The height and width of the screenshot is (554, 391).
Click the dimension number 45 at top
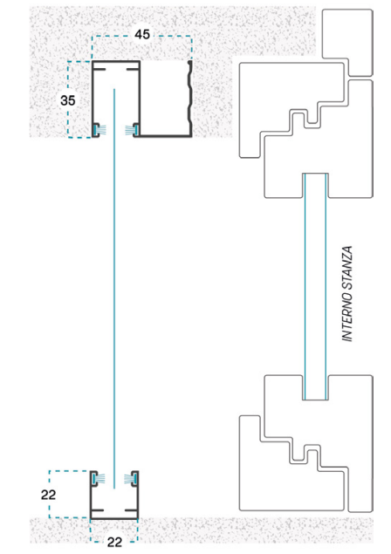(x=142, y=34)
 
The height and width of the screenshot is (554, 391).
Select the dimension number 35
(x=68, y=100)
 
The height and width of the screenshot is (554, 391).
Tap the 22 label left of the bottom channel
(x=48, y=495)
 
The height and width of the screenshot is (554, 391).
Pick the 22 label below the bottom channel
(x=114, y=542)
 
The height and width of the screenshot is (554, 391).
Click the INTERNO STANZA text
(x=347, y=294)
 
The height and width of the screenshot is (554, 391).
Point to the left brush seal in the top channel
(x=99, y=130)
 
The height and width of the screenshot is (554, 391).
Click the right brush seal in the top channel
(x=132, y=130)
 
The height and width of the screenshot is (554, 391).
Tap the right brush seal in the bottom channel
(x=131, y=479)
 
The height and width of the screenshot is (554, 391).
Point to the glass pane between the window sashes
(x=315, y=286)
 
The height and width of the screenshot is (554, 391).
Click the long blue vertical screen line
(x=114, y=289)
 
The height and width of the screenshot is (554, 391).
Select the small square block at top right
(x=347, y=43)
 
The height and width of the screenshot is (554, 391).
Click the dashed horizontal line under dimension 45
(x=142, y=36)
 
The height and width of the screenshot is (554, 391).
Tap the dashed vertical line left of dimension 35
(x=68, y=99)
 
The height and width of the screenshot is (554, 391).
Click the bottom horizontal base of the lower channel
(x=113, y=519)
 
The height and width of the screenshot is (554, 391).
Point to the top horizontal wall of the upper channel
(x=116, y=62)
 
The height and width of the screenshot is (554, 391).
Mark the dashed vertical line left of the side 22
(x=50, y=495)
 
